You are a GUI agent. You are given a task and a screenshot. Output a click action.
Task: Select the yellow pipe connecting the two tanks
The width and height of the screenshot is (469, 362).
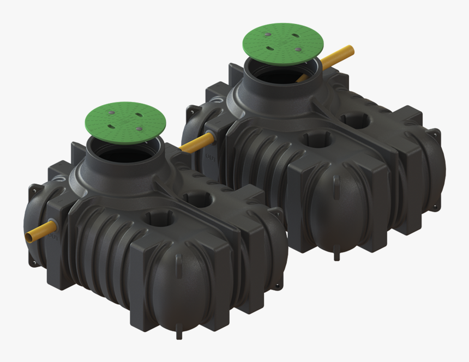pos(197,142)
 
